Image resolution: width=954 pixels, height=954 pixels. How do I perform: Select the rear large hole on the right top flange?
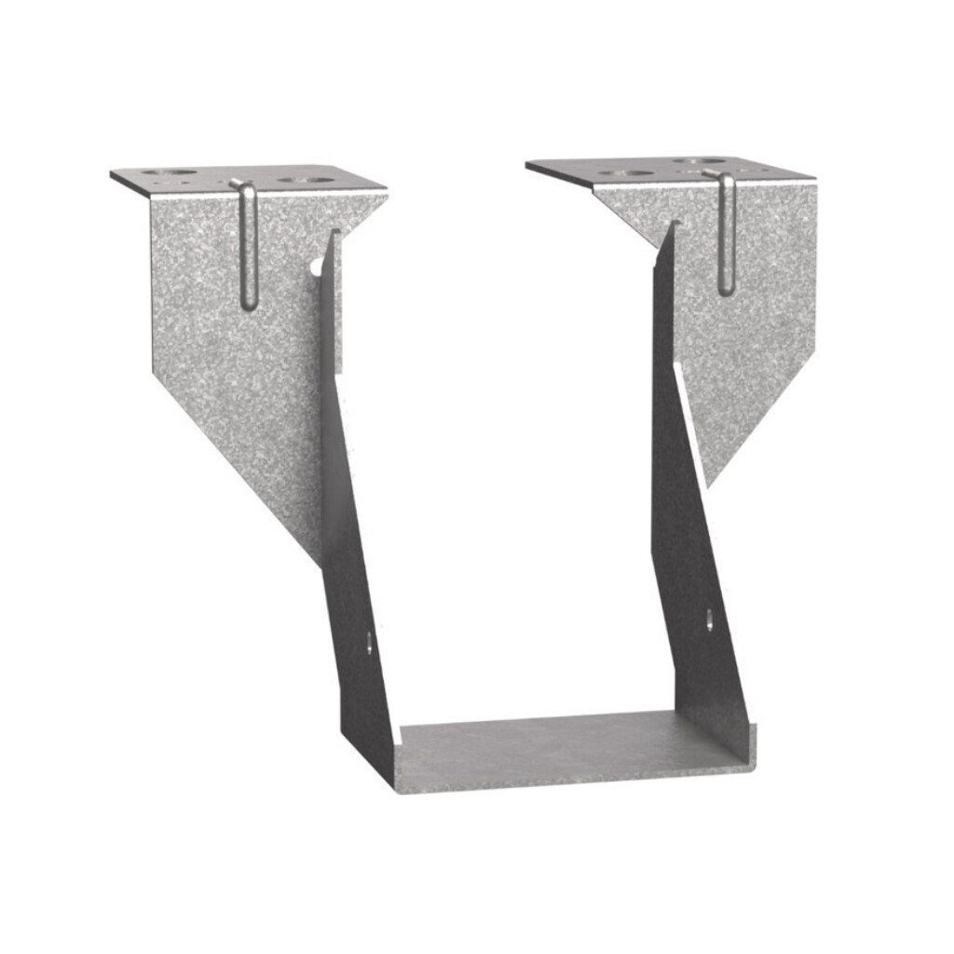[701, 161]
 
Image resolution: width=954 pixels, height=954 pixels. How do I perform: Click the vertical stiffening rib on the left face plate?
[248, 247]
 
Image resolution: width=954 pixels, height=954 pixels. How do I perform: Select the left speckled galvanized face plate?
[233, 354]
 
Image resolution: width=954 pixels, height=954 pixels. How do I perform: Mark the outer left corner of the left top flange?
[112, 173]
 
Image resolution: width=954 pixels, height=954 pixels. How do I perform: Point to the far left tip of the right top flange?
[527, 165]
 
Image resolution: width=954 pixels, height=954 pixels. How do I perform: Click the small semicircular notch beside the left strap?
[318, 267]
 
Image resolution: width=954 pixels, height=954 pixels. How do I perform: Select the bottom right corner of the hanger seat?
[753, 766]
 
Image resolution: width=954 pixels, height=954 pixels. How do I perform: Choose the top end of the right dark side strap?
[671, 225]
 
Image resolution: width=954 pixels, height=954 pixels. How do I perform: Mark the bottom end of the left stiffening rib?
[249, 306]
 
